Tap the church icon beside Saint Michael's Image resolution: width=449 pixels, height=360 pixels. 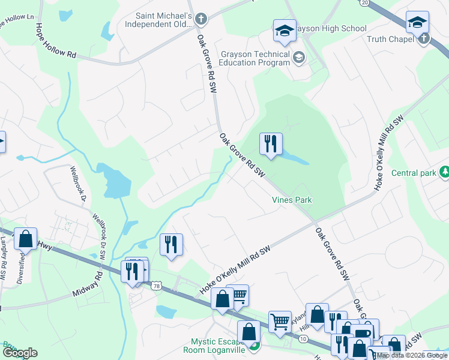[x=201, y=19]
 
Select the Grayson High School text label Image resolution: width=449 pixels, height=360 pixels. [x=328, y=28]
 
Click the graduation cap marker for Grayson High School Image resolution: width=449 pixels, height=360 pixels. [x=285, y=31]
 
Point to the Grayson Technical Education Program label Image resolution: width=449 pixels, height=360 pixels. [x=255, y=58]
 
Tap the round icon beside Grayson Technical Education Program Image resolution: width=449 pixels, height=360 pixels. [x=298, y=58]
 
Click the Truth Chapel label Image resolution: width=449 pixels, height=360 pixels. [x=391, y=39]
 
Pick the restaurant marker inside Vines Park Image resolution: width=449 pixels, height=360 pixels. [x=270, y=144]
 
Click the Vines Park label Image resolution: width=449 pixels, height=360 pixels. [x=292, y=200]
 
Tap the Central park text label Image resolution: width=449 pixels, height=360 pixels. [x=413, y=173]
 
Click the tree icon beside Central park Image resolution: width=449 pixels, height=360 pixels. [x=444, y=173]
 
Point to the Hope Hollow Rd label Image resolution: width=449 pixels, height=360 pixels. [x=56, y=41]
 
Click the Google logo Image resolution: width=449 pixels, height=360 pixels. [x=20, y=352]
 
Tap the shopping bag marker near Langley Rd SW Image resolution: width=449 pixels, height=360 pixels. [x=26, y=239]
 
